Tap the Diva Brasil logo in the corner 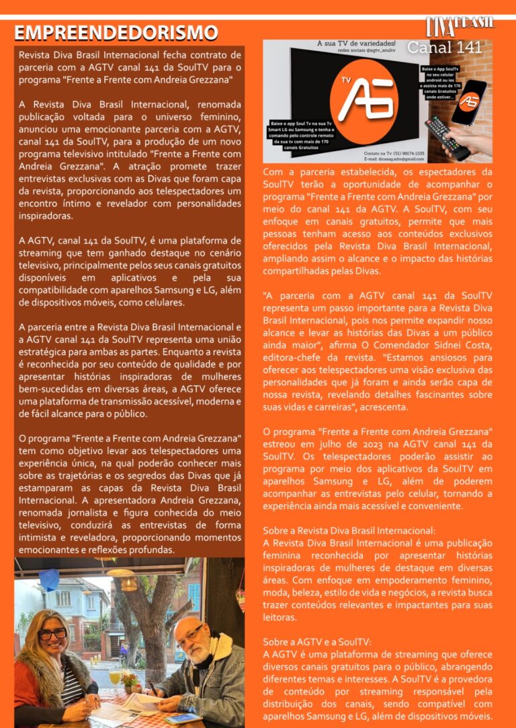(460, 26)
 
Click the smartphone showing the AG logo (468, 101)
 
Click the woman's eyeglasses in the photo (52, 633)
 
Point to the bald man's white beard (193, 648)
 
